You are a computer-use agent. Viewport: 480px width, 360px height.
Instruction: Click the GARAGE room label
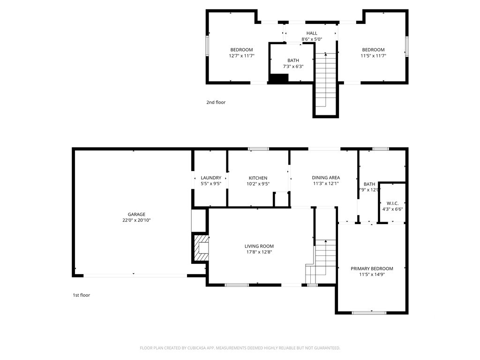(136, 214)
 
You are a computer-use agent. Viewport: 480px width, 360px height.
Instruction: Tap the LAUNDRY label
(211, 178)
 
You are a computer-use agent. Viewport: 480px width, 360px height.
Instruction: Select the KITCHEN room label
(258, 178)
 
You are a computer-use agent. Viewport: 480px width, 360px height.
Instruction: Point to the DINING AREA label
(326, 178)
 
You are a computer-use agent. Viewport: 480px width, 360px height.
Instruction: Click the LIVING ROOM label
(259, 246)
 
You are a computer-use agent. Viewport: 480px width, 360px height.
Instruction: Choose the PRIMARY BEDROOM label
(372, 269)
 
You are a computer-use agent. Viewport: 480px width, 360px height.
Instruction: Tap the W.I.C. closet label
(392, 203)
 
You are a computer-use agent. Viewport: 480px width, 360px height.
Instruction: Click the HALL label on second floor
(312, 33)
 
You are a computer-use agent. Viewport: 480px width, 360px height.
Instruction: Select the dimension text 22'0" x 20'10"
(136, 220)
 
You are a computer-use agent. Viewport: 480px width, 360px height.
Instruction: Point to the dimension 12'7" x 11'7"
(242, 56)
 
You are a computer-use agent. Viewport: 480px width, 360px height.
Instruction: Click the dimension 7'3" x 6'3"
(293, 66)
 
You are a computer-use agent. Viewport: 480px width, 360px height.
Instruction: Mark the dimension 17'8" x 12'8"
(259, 252)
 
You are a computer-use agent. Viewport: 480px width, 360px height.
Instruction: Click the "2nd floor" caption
(216, 102)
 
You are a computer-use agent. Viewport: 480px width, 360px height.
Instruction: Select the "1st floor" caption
(82, 295)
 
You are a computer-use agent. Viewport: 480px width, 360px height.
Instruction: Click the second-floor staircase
(326, 80)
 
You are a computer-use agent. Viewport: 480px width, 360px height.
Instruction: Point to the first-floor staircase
(321, 262)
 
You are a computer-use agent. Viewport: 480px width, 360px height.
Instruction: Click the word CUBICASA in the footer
(195, 348)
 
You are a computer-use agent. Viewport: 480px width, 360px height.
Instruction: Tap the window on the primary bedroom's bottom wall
(369, 313)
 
